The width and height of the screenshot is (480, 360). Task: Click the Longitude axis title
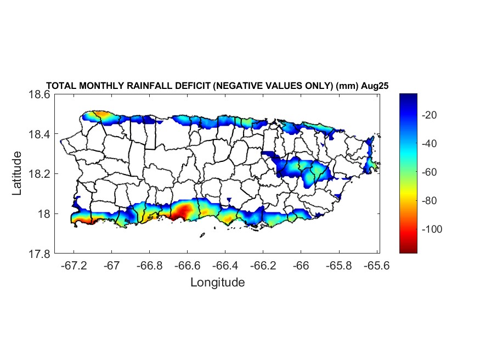coord(217,283)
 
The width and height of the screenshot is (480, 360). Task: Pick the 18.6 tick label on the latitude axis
coord(39,94)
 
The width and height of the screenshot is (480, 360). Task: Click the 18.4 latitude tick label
coord(39,134)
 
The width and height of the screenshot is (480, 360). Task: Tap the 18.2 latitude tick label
coord(39,174)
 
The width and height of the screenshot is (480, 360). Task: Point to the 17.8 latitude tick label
coord(39,254)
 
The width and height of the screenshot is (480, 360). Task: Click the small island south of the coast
coord(202,235)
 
